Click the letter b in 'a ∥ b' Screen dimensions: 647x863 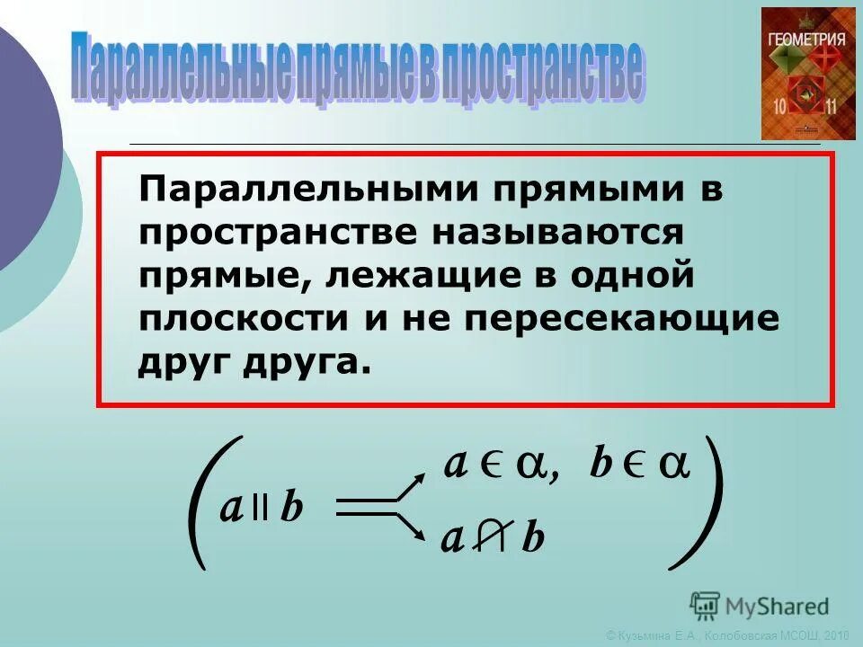pos(291,510)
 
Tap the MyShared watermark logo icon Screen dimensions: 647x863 pos(706,605)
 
